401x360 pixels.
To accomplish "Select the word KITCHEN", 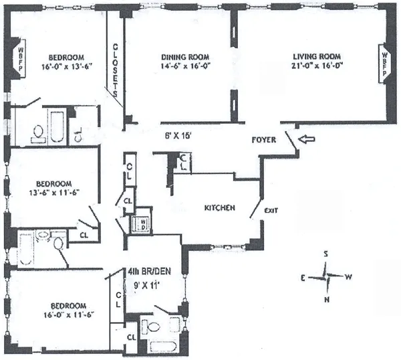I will (219, 208).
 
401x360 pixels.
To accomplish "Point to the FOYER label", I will (265, 142).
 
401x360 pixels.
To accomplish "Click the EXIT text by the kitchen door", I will (271, 210).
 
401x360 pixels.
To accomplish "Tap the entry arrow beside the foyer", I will (305, 140).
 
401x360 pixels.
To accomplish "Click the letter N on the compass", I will (327, 299).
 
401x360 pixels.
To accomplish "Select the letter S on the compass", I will (325, 254).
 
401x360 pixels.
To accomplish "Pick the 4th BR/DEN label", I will (146, 272).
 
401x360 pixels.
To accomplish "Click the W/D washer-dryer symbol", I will (142, 223).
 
